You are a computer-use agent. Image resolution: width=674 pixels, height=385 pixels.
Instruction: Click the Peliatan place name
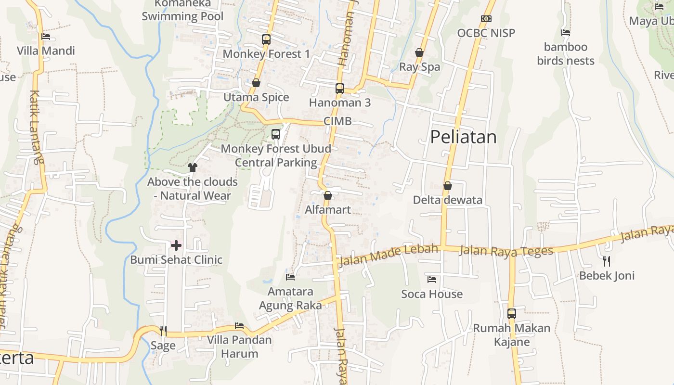(x=463, y=137)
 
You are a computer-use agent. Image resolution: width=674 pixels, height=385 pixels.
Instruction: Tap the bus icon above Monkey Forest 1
(x=266, y=39)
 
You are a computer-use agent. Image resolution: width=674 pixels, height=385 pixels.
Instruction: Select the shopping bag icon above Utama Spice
(x=256, y=83)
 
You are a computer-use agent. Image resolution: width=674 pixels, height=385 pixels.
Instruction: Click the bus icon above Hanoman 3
(x=340, y=89)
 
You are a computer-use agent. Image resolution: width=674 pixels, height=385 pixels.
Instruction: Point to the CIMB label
(x=337, y=121)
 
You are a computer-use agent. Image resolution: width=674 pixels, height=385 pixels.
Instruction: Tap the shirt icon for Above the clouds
(x=193, y=167)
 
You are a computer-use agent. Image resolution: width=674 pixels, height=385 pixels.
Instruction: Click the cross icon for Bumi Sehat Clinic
(x=176, y=245)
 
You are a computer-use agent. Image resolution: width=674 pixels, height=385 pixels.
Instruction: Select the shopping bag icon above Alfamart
(x=328, y=195)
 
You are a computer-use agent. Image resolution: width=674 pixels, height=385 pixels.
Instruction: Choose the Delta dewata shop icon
(x=448, y=186)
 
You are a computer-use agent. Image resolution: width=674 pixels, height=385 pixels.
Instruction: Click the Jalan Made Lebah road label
(x=389, y=256)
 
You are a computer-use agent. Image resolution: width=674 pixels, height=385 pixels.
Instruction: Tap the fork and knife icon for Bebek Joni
(x=607, y=261)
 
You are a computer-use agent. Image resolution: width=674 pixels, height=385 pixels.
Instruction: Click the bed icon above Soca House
(x=432, y=280)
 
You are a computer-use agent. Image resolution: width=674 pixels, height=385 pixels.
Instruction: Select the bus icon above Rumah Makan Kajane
(x=512, y=314)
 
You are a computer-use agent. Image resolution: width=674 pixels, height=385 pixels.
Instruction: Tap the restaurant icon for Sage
(x=163, y=331)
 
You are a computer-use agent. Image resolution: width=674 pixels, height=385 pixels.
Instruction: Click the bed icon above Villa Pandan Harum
(x=239, y=326)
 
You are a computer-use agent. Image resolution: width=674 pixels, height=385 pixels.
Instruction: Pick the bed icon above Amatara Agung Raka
(x=290, y=277)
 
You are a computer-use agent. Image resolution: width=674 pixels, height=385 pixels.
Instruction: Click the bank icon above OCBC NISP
(x=486, y=19)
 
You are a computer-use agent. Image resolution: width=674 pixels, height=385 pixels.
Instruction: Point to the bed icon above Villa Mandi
(x=46, y=37)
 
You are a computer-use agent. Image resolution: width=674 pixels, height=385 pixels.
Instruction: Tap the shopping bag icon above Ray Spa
(x=419, y=52)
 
